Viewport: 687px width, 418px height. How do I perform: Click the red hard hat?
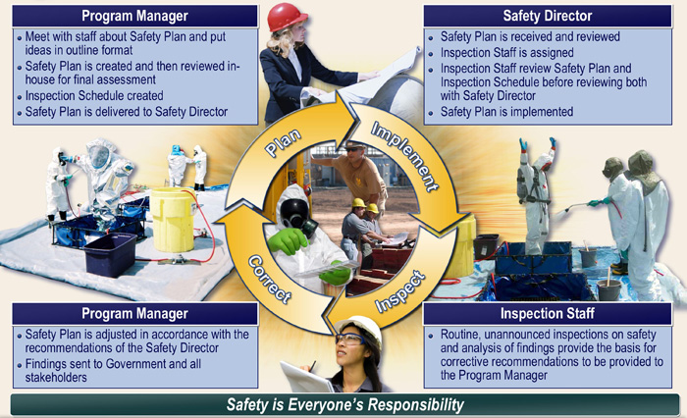pyautogui.click(x=287, y=18)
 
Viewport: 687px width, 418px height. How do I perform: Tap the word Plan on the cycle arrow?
pyautogui.click(x=283, y=143)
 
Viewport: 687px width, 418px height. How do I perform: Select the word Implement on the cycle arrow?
pyautogui.click(x=404, y=156)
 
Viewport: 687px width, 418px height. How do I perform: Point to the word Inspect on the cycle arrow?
pyautogui.click(x=400, y=291)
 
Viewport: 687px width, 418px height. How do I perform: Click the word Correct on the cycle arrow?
pyautogui.click(x=270, y=280)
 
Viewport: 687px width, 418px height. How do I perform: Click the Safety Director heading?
pyautogui.click(x=548, y=16)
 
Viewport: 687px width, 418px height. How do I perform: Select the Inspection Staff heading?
pyautogui.click(x=548, y=313)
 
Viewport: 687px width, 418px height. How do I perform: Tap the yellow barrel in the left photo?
pyautogui.click(x=173, y=221)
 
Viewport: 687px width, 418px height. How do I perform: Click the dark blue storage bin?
pyautogui.click(x=110, y=254)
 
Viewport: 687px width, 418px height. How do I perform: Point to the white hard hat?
pyautogui.click(x=360, y=328)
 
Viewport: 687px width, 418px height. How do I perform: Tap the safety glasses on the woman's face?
pyautogui.click(x=350, y=339)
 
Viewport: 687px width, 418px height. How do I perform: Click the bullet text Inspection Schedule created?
pyautogui.click(x=94, y=95)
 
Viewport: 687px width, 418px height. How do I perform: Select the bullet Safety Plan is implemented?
pyautogui.click(x=506, y=112)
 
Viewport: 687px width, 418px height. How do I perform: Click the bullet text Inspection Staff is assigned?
pyautogui.click(x=507, y=53)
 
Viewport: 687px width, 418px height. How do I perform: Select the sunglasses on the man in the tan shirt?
pyautogui.click(x=352, y=149)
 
